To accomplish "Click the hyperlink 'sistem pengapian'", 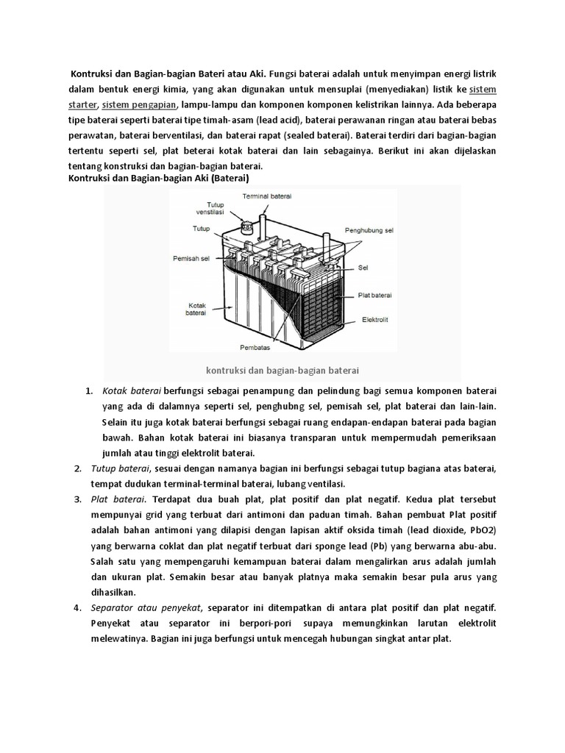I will pyautogui.click(x=140, y=104).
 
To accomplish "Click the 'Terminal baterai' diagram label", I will pyautogui.click(x=266, y=195).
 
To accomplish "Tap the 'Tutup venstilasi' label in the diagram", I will pyautogui.click(x=215, y=208).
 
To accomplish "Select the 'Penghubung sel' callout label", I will pyautogui.click(x=369, y=231).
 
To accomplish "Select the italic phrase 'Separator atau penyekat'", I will pyautogui.click(x=147, y=608).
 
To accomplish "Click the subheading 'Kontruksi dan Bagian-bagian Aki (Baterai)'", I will pyautogui.click(x=159, y=178).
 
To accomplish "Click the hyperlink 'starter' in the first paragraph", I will pyautogui.click(x=82, y=104).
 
